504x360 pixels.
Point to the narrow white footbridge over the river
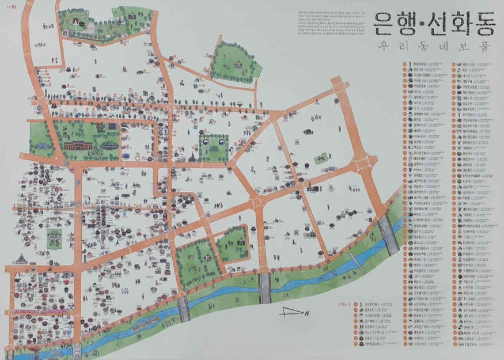point(357,262)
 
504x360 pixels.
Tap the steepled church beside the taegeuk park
point(191,156)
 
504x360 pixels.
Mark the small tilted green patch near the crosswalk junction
point(320,158)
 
